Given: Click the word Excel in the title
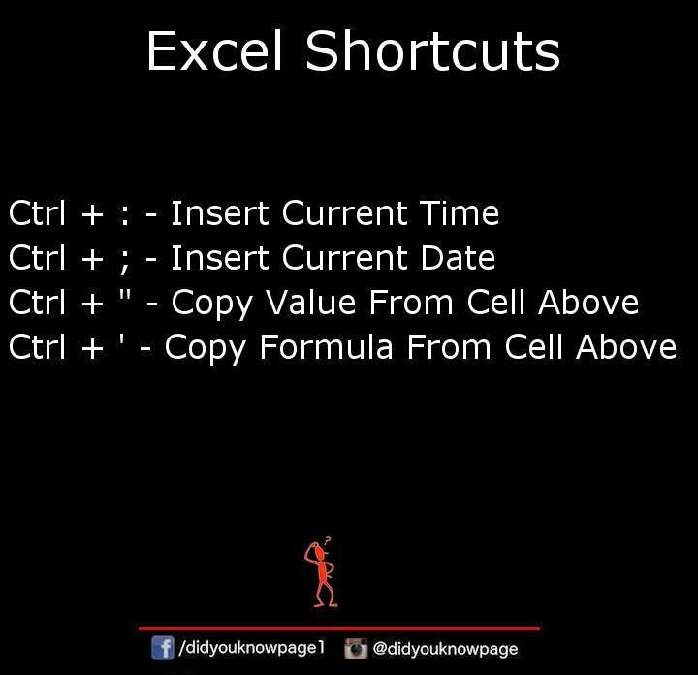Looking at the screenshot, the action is pos(214,50).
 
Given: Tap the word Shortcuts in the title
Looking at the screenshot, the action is pos(432,50).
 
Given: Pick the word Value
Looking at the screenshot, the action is pos(310,302).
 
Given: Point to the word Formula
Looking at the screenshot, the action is pos(327,346).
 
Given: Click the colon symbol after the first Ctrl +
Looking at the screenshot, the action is pos(125,216).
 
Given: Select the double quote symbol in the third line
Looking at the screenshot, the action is pos(125,295).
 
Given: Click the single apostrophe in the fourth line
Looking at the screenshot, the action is pos(121,339).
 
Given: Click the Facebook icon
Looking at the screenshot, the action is pos(163,648).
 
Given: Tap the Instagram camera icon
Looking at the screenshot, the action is pos(356,648).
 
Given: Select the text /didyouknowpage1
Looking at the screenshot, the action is pos(251,648).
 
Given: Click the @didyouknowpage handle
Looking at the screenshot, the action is pos(445,649).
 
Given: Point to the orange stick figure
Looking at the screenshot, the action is pos(322,575).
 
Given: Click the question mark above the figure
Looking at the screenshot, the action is pos(328,540).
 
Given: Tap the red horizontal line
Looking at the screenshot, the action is pos(339,628).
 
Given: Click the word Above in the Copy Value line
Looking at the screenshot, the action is pos(588,302).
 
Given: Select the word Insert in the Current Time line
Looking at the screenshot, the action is pos(220,212).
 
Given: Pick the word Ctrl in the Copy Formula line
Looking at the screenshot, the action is pos(37,346).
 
